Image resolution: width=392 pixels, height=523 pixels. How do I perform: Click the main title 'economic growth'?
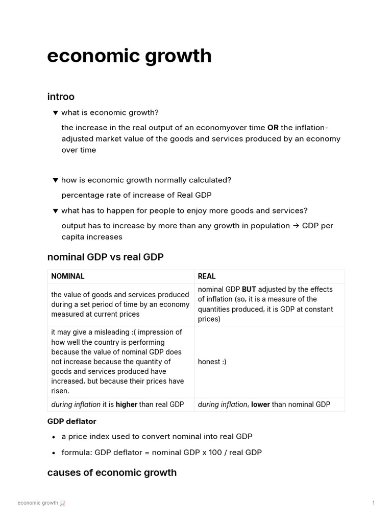tap(129, 56)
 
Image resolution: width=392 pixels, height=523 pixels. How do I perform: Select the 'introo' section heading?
tap(61, 97)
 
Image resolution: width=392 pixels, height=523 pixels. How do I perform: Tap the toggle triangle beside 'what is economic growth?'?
tap(56, 112)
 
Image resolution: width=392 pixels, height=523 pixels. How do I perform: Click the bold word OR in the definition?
tap(273, 128)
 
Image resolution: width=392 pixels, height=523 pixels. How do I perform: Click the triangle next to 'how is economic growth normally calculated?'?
tap(56, 180)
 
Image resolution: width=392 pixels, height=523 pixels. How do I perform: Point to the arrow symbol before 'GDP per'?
tap(296, 226)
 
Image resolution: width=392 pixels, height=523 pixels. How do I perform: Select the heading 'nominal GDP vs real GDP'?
tap(105, 257)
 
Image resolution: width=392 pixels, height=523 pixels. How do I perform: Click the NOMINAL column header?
tap(68, 276)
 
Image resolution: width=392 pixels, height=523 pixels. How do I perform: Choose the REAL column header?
tap(207, 276)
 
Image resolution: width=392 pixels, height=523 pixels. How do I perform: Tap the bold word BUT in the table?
tap(249, 290)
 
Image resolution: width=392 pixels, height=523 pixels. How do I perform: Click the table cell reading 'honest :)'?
tap(212, 362)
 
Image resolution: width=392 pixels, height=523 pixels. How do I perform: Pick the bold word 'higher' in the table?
tap(127, 405)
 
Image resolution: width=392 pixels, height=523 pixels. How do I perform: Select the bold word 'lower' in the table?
tap(260, 405)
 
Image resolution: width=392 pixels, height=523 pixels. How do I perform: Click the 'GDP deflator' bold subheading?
tap(71, 421)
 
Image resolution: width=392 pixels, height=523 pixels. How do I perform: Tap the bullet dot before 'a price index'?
tap(54, 437)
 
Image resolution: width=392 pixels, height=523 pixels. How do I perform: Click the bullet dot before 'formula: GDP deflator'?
tap(54, 453)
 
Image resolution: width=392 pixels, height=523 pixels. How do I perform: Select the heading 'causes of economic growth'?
tap(112, 472)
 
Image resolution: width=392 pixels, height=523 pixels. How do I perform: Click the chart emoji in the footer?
tap(63, 503)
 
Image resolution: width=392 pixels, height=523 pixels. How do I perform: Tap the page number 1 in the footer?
tap(374, 503)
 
